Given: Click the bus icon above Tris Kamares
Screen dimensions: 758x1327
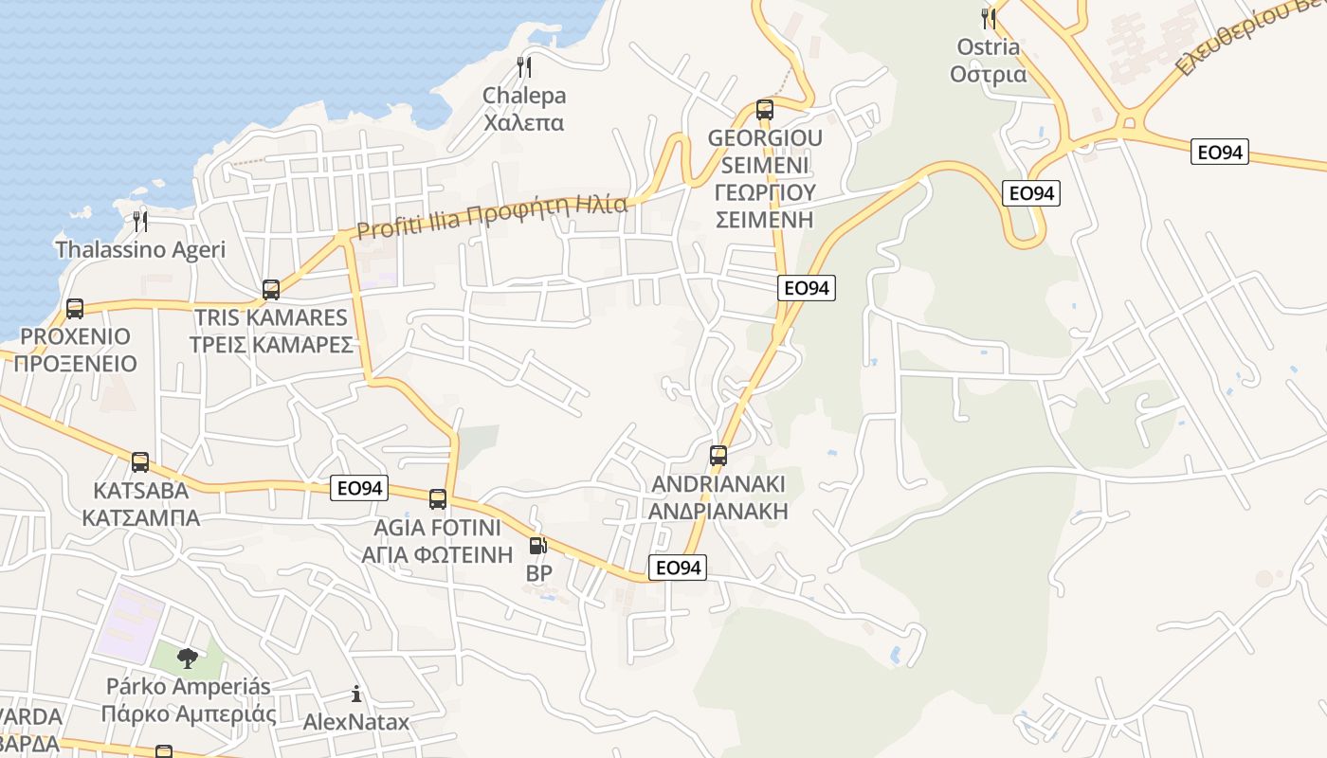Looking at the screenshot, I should coord(271,290).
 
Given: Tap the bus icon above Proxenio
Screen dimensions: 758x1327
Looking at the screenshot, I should coord(75,309).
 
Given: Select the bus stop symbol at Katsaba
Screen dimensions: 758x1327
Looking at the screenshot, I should coord(140,462).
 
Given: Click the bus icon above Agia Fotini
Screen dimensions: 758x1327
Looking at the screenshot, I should coord(438,499).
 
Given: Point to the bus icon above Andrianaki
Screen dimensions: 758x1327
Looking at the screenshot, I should coord(718,456).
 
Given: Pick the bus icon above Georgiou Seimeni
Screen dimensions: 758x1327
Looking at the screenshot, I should coord(765,110).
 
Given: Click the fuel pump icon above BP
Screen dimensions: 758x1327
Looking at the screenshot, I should coord(537,546).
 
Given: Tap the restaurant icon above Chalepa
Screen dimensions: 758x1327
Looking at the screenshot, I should coord(523,67).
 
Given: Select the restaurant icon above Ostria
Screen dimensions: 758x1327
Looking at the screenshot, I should coord(989,18).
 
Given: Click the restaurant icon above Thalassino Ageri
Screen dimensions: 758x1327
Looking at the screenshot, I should coord(140,222).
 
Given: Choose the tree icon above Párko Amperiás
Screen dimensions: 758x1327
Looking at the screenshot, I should coord(188,658).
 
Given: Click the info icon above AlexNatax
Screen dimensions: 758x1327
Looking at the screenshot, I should coord(356,695).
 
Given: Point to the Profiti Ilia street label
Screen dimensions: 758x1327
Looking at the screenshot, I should coord(492,216).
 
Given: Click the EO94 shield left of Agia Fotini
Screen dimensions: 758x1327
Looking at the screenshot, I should coord(360,488).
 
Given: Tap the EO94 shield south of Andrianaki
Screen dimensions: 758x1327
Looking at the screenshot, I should coord(678,568).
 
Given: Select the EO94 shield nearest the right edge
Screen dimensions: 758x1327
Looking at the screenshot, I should coord(1220,151).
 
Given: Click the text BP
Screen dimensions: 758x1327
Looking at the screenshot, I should coord(538,573).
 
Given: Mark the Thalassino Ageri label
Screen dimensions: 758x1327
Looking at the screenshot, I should coord(140,250).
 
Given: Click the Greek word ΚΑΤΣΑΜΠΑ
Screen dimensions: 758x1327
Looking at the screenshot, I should coord(140,518).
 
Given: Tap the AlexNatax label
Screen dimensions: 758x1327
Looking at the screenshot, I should coord(356,722).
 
